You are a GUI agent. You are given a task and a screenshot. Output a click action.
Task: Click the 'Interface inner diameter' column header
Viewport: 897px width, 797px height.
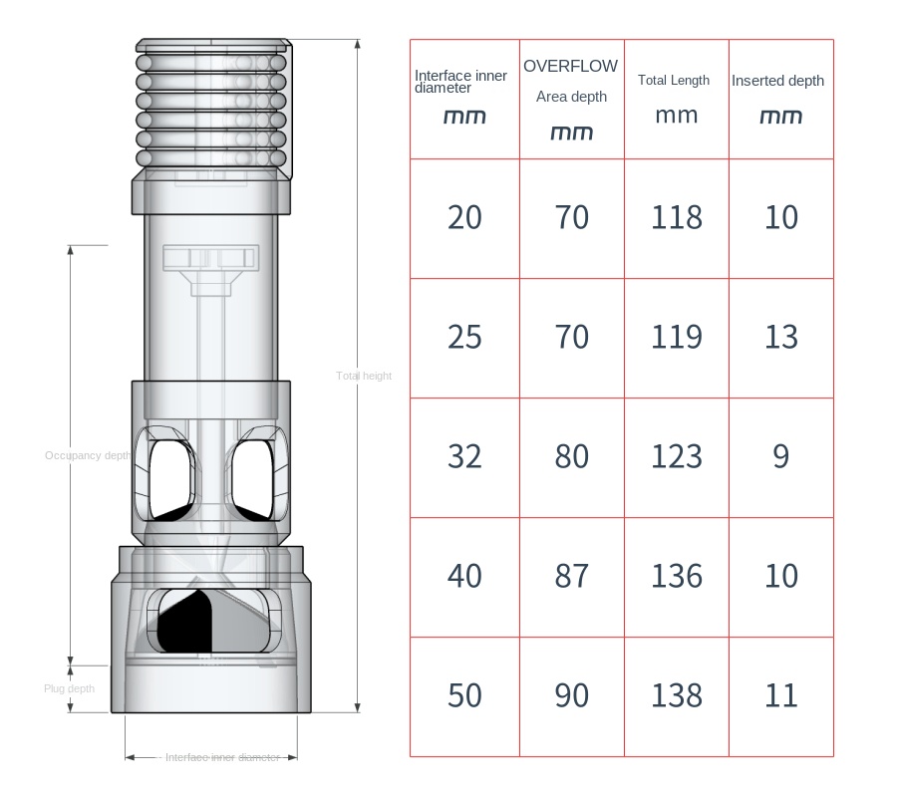464,98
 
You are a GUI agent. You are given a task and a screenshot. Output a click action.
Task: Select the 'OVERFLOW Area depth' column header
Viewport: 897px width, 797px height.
571,99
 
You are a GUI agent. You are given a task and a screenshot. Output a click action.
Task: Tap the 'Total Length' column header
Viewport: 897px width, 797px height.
675,98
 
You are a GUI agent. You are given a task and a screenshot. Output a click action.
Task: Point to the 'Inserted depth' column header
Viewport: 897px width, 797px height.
779,98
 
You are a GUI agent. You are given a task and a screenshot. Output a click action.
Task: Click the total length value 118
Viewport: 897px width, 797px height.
676,217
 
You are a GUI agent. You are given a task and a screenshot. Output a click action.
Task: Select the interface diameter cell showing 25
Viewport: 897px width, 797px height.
464,337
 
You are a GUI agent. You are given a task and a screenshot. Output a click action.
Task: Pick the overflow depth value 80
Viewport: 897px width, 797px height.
571,456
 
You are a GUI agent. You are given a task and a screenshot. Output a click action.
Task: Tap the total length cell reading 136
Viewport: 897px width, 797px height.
676,576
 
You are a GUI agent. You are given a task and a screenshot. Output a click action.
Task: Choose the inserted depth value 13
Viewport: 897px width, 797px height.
780,337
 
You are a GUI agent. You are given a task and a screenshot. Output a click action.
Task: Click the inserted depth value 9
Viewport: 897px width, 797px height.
780,456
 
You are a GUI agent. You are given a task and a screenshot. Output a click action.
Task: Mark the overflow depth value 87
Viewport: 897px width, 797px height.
571,576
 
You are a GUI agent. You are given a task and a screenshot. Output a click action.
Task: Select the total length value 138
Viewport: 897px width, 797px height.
676,695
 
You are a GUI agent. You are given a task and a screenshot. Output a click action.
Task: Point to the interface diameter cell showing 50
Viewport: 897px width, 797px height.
464,695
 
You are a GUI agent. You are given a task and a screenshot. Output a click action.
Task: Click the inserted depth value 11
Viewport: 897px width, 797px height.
780,695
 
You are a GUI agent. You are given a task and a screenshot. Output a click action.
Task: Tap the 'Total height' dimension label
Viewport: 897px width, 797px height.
364,376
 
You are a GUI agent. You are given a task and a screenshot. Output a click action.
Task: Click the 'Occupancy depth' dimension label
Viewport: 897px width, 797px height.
88,455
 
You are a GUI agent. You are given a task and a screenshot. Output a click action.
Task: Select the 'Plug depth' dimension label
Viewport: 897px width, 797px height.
69,688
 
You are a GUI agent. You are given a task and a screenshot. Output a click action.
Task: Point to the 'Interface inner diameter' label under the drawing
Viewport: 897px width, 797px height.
222,757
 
